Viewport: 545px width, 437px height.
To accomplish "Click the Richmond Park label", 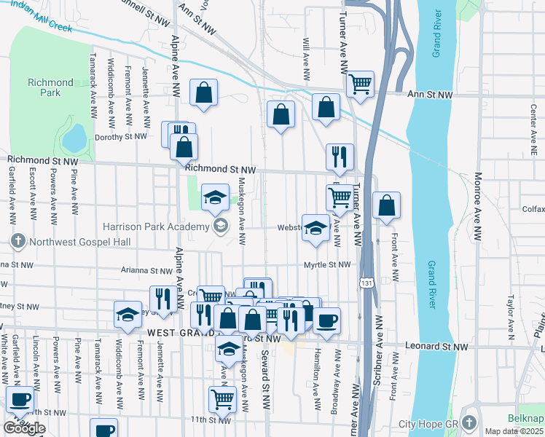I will tap(50, 88).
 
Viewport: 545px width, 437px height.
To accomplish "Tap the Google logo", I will tap(24, 428).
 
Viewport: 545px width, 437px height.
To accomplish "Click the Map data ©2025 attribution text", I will tap(513, 431).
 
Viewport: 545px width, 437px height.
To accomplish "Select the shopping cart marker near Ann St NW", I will tap(360, 84).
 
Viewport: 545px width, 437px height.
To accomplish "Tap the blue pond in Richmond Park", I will tap(74, 137).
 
